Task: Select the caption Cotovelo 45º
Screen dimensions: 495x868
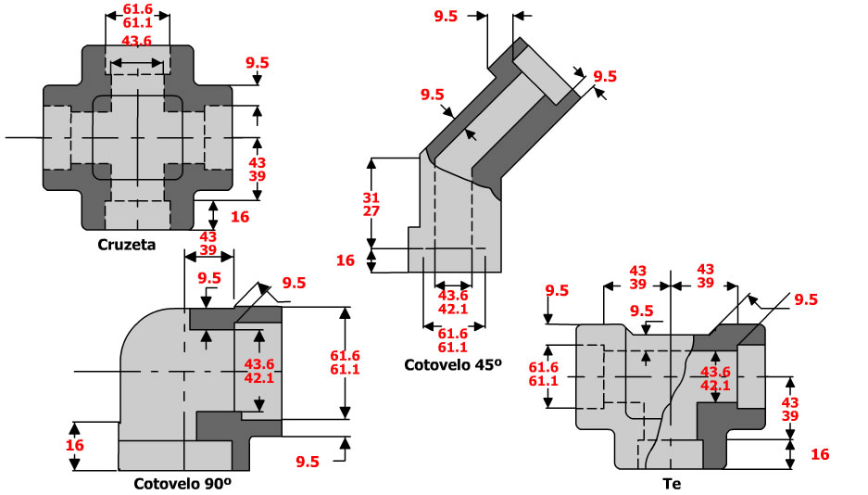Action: (x=451, y=364)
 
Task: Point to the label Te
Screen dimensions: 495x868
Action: (x=672, y=483)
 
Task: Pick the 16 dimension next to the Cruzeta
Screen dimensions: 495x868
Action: (x=240, y=217)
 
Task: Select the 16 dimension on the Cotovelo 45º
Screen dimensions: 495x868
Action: (x=345, y=260)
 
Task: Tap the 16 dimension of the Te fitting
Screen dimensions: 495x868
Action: (x=819, y=454)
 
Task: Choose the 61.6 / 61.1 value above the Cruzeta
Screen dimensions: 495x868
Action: (x=137, y=16)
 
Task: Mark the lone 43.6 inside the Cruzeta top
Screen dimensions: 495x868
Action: (x=137, y=41)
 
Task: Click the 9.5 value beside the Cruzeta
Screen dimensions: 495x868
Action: (x=257, y=63)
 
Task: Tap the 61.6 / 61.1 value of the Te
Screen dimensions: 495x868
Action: (x=542, y=374)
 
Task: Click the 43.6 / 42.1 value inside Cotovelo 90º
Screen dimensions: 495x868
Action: (x=259, y=371)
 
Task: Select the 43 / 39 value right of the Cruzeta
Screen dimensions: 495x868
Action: (x=258, y=170)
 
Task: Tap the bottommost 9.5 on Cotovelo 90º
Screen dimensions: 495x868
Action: (x=308, y=462)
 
